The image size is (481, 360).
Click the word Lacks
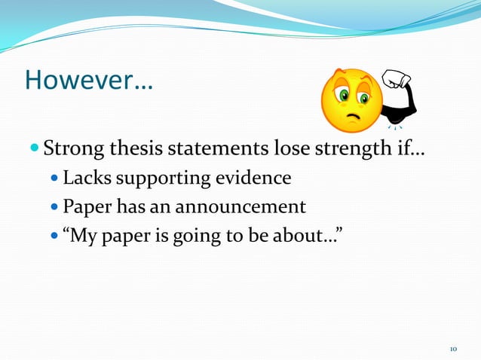point(84,178)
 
